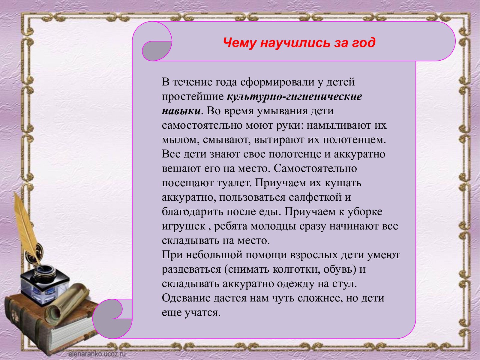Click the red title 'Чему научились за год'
click(299, 43)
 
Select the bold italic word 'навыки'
click(181, 111)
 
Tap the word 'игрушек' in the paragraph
click(184, 226)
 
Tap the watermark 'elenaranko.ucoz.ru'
click(97, 354)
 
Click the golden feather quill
click(27, 227)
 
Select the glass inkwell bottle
click(45, 284)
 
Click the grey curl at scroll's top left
click(157, 51)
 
